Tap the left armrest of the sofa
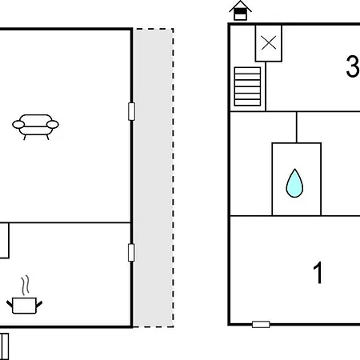[18, 125]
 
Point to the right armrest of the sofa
[53, 125]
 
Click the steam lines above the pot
[26, 286]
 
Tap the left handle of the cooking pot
[10, 304]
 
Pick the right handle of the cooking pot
[39, 304]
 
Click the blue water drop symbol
[294, 183]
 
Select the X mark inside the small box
[269, 43]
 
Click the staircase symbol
[247, 86]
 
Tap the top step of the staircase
[247, 70]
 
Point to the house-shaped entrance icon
[240, 10]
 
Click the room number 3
[353, 66]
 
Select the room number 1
[318, 273]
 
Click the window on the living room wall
[131, 111]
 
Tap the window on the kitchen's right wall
[131, 253]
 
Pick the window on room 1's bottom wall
[261, 325]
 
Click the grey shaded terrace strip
[154, 178]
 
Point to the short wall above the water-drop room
[297, 127]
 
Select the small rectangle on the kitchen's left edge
[4, 241]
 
